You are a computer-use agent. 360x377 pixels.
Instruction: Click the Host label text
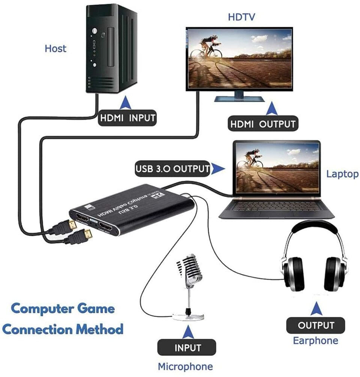pyautogui.click(x=55, y=48)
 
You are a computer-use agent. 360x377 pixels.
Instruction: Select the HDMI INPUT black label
pyautogui.click(x=127, y=118)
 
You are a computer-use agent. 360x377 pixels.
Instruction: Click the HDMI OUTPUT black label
pyautogui.click(x=263, y=124)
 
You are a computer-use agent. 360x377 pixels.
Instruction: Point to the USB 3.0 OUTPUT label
pyautogui.click(x=172, y=169)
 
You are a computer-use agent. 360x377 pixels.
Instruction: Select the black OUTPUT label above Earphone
pyautogui.click(x=316, y=325)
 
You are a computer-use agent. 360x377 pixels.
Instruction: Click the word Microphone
pyautogui.click(x=185, y=366)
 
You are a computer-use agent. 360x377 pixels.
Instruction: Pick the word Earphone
pyautogui.click(x=315, y=340)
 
